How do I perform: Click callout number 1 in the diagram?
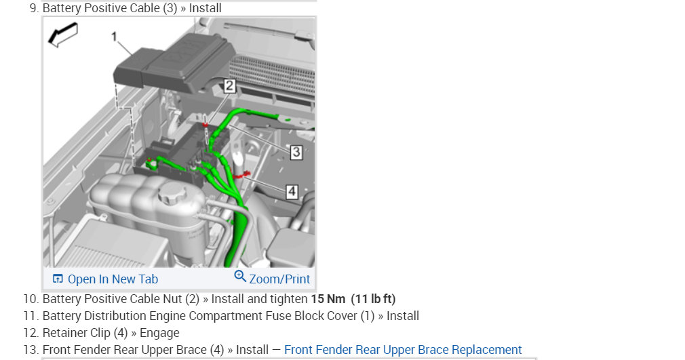coord(114,37)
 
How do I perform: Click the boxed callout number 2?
coord(229,85)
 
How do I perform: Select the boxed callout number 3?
coord(296,152)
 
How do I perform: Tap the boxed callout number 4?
coord(292,191)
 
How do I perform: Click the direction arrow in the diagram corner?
coord(63,35)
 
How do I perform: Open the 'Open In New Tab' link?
coord(113,279)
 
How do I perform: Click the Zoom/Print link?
coord(279,279)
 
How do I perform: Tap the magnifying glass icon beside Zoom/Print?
coord(240,277)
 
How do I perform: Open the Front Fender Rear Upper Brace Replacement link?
coord(403,350)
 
